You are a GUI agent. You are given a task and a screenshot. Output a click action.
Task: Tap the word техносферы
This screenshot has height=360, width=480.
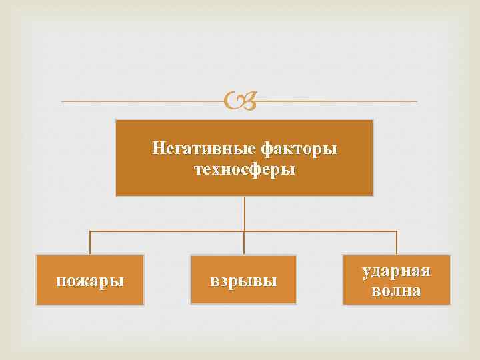pyautogui.click(x=244, y=169)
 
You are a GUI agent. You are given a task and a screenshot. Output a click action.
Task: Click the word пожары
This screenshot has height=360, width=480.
pyautogui.click(x=90, y=280)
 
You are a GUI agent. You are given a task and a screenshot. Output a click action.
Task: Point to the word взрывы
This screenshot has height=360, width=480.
pyautogui.click(x=243, y=281)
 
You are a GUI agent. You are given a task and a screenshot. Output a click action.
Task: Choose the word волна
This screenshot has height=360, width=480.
pyautogui.click(x=396, y=291)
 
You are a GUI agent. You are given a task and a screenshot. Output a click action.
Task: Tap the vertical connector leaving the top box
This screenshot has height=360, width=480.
pyautogui.click(x=244, y=213)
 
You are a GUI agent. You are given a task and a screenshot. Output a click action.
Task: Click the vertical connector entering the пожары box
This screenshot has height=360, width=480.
pyautogui.click(x=90, y=243)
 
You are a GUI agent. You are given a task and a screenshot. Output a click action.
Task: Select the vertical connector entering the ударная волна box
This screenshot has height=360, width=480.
pyautogui.click(x=397, y=243)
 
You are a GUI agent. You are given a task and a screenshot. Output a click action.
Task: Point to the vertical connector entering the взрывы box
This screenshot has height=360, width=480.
pyautogui.click(x=244, y=243)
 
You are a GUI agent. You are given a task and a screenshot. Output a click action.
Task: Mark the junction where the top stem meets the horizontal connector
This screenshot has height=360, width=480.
pyautogui.click(x=244, y=231)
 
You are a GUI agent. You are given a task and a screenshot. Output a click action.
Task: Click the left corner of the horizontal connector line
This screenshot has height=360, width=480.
pyautogui.click(x=90, y=231)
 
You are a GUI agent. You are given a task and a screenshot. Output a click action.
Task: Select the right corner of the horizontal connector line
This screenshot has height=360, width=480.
pyautogui.click(x=397, y=231)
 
